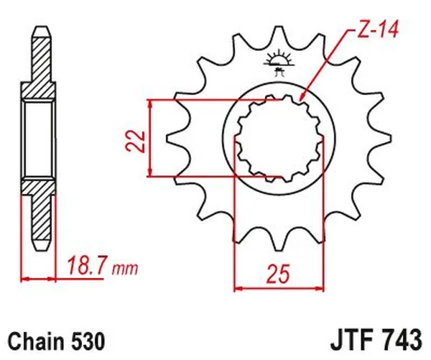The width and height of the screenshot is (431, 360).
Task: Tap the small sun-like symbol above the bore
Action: pos(279,59)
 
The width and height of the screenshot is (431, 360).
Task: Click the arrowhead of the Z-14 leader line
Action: pos(302,97)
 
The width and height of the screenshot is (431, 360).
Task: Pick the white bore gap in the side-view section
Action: pos(40,139)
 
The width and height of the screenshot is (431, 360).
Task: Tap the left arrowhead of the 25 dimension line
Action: pos(239,290)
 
